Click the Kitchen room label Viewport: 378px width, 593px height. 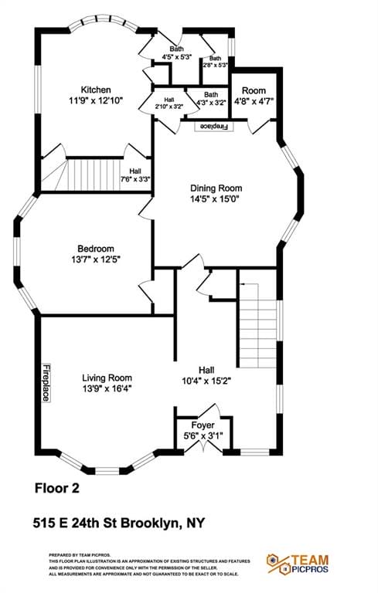(97, 90)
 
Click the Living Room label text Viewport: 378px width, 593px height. (107, 378)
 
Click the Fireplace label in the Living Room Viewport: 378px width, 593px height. (46, 382)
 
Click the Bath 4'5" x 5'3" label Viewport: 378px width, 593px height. (177, 53)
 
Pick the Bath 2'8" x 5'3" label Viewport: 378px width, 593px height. (215, 62)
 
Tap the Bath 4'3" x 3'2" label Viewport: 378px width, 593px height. (211, 98)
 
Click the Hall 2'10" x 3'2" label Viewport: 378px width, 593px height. (169, 103)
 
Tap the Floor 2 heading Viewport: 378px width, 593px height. (57, 488)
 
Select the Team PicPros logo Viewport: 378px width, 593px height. (298, 564)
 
